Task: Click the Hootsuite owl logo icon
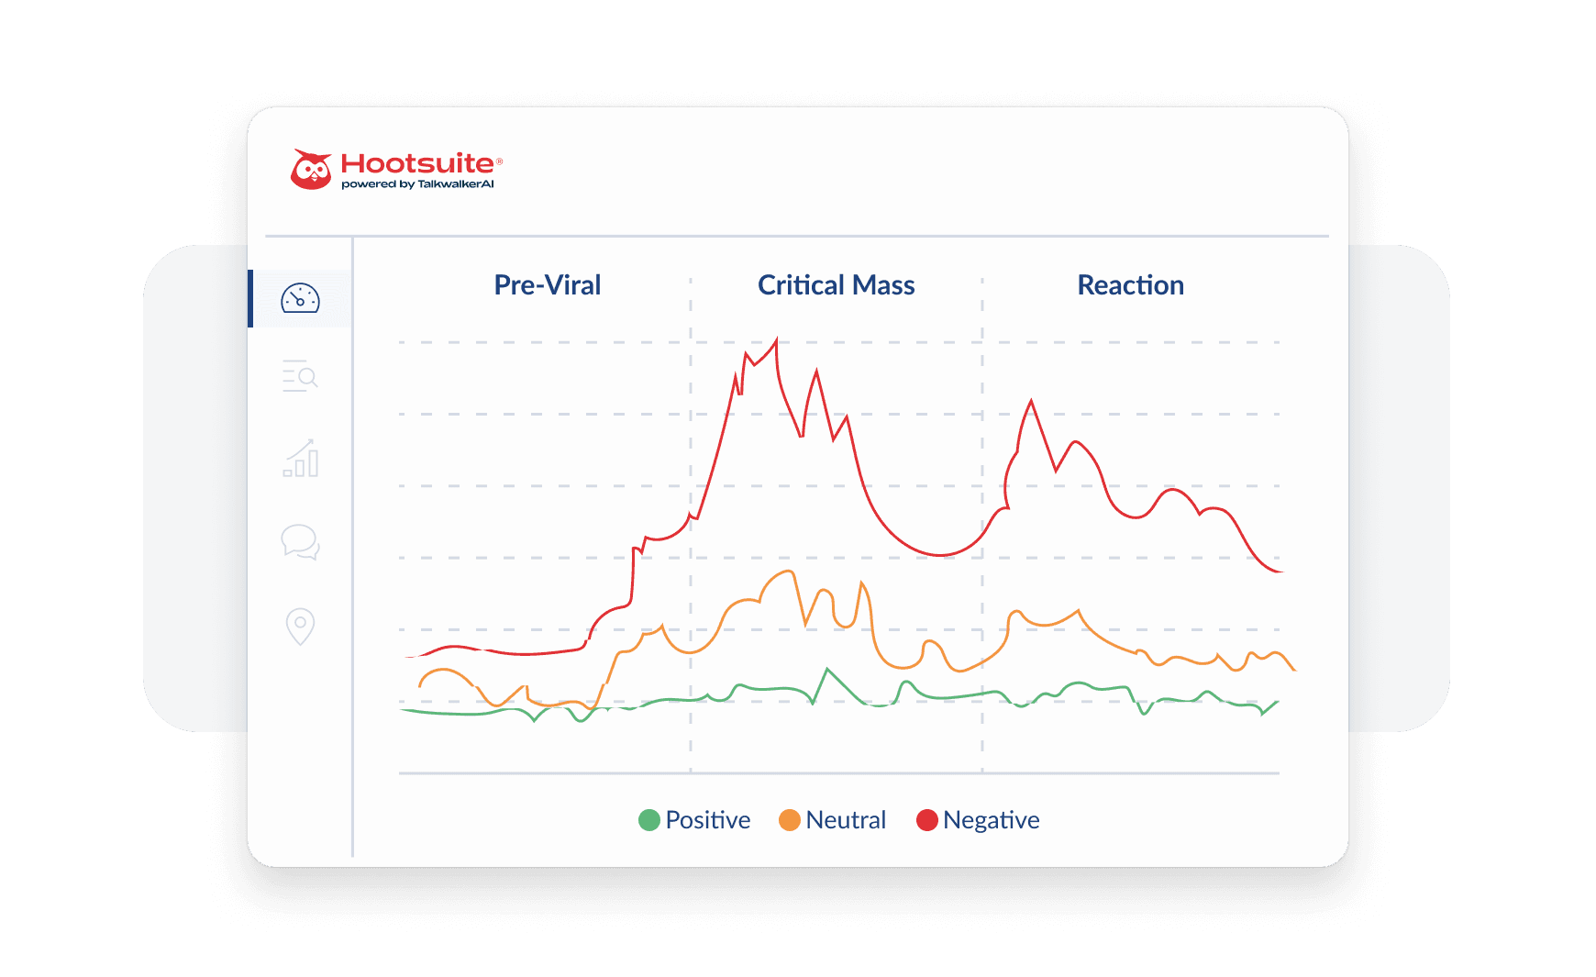coord(311,170)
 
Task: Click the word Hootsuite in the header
coord(417,163)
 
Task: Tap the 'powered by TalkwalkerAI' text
coord(417,184)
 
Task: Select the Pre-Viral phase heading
coord(548,285)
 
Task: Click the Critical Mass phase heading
coord(836,285)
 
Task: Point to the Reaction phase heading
coord(1130,285)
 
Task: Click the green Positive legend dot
coord(649,820)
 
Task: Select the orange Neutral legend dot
coord(790,820)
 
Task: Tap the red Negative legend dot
coord(927,820)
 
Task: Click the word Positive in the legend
coord(708,820)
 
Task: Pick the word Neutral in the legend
coord(846,820)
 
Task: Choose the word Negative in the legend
coord(992,820)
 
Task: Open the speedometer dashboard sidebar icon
coord(300,299)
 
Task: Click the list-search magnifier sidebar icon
coord(300,376)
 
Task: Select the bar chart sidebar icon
coord(301,459)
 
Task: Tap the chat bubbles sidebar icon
coord(300,542)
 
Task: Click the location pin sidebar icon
coord(300,627)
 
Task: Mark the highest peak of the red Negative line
coord(777,340)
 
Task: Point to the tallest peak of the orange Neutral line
coord(790,572)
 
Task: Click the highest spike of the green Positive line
coord(828,670)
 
